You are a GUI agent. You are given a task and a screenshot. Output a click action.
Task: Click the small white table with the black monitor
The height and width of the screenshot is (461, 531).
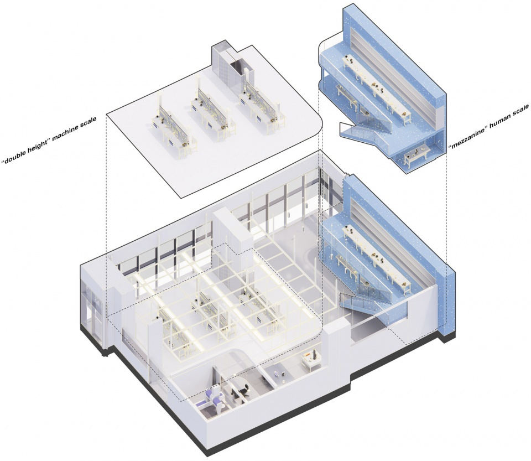tap(311, 360)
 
